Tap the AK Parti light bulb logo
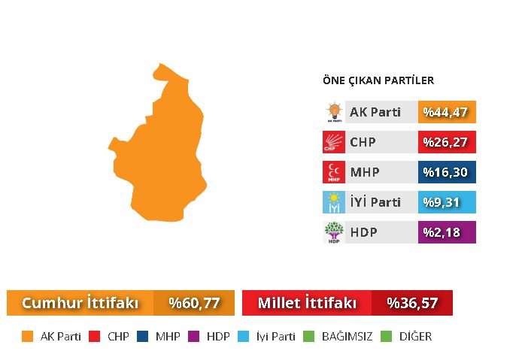333,113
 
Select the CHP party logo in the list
333,142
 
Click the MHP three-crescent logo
333,172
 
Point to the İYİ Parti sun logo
333,202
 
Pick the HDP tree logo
333,232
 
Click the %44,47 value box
447,113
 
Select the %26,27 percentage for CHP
447,142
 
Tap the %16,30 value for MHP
447,172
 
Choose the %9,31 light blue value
447,202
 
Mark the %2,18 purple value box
447,232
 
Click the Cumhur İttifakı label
80,303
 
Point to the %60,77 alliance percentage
194,303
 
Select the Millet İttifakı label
306,303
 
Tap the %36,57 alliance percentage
412,303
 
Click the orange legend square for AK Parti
28,337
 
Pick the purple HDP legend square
192,337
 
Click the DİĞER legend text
415,337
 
